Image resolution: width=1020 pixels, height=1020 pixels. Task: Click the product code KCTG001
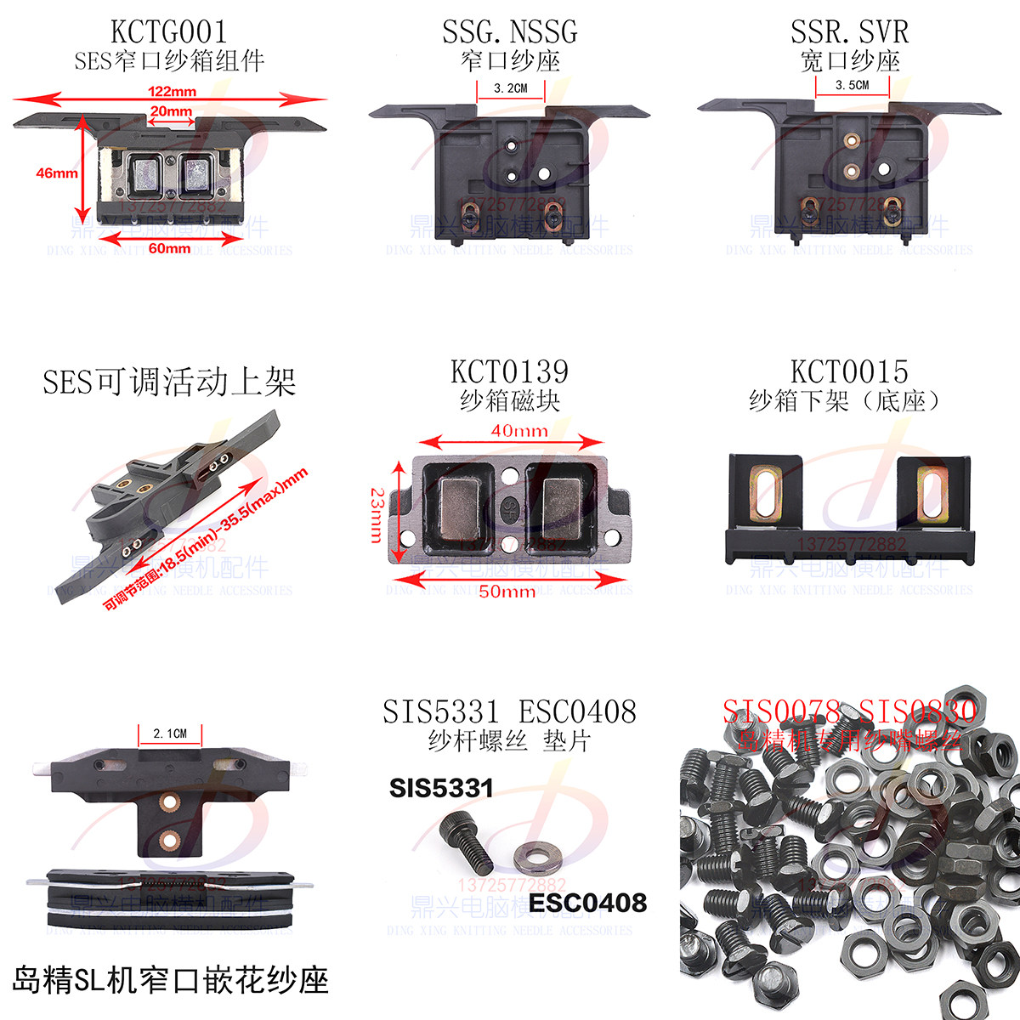pos(169,32)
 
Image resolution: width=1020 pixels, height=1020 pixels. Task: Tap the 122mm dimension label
pos(172,91)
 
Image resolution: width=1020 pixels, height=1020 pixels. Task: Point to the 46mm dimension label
pos(56,173)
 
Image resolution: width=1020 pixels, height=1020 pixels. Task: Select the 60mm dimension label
pos(169,248)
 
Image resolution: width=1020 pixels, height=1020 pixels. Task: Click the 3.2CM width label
pos(510,88)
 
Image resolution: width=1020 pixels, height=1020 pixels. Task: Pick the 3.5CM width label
pos(852,85)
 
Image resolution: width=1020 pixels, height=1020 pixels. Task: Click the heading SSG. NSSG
pos(509,32)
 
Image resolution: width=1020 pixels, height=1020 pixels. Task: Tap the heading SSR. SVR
pos(849,32)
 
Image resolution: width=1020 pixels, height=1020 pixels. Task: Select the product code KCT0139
pos(509,371)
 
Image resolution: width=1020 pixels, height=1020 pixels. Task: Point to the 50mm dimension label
pos(507,591)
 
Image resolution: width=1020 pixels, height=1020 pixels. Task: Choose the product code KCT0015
pos(849,371)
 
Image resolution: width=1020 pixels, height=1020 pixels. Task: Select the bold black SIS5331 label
pos(441,788)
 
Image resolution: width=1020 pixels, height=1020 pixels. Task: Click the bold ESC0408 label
pos(587,903)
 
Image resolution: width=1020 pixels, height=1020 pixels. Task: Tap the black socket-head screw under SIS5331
pos(467,841)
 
